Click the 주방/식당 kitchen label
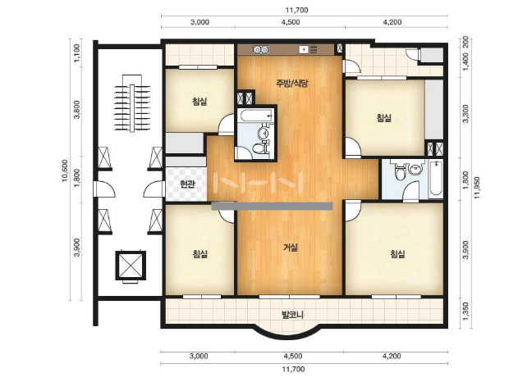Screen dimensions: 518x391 (x=292, y=83)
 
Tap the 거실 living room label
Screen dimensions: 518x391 (x=291, y=247)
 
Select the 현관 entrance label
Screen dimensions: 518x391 (x=187, y=184)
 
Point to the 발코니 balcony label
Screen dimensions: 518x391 (x=292, y=315)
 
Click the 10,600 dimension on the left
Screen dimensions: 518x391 (x=65, y=170)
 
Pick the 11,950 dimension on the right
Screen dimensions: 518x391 (x=477, y=188)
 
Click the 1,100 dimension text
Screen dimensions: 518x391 (x=76, y=52)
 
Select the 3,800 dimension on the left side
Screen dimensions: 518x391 (x=76, y=110)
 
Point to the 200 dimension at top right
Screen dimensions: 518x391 (x=465, y=43)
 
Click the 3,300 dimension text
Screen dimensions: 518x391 (x=465, y=113)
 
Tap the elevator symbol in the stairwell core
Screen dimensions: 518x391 (x=131, y=266)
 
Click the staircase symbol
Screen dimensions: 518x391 (x=132, y=103)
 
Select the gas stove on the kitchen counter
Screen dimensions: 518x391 (x=261, y=50)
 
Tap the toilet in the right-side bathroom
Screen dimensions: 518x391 (x=400, y=171)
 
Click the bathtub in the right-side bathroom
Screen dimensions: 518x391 (x=436, y=178)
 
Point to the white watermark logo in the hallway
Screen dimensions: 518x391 (x=259, y=183)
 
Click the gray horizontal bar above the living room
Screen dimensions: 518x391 (x=272, y=206)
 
